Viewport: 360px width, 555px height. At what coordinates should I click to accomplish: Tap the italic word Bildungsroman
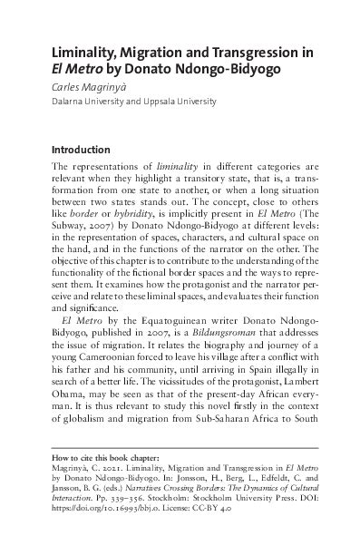pos(206,348)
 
